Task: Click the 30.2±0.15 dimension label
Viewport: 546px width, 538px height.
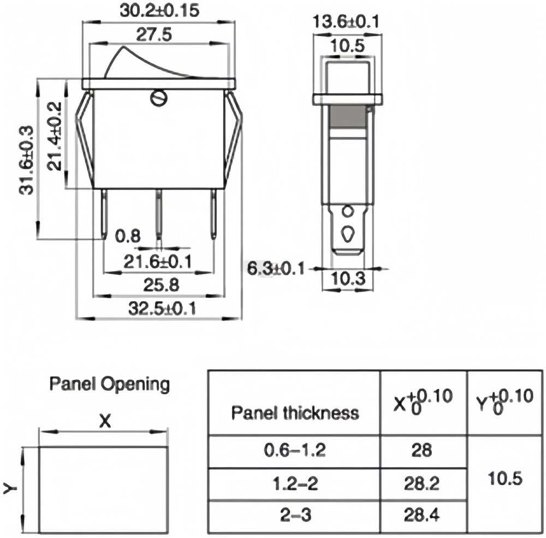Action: (158, 10)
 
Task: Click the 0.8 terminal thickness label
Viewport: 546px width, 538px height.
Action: (128, 236)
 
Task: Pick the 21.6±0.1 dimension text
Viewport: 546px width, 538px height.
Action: (158, 262)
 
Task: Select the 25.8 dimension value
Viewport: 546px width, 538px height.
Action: (158, 285)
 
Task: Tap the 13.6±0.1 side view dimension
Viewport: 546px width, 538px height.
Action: (346, 21)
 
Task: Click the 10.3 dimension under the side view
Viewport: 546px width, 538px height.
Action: (347, 279)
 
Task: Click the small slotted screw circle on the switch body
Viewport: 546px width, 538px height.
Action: (158, 98)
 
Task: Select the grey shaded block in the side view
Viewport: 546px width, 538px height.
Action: (348, 116)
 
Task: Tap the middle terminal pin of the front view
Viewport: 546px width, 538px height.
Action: (159, 216)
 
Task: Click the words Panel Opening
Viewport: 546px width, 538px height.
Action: (109, 384)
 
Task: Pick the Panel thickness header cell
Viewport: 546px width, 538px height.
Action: (295, 413)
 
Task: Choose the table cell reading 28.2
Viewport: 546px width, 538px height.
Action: (423, 484)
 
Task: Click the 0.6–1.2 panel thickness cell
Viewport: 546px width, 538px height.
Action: (295, 451)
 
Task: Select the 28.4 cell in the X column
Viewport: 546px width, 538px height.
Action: (423, 514)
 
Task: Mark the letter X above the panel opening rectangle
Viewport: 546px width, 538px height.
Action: (104, 421)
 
